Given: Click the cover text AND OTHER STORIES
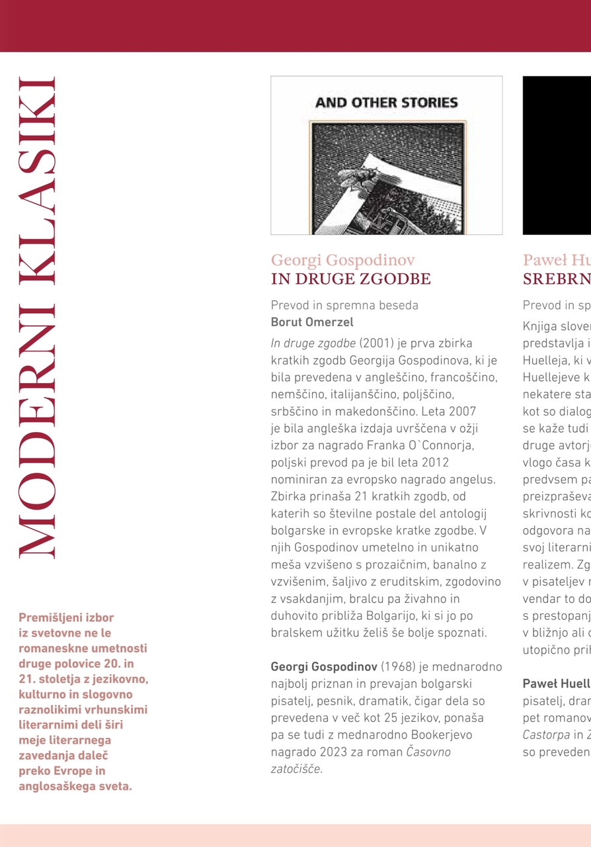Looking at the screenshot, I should (387, 103).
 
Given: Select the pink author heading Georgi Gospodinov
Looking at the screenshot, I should (342, 260).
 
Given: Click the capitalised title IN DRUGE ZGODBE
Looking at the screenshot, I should (350, 279).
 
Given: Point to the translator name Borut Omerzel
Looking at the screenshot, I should (312, 322).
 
